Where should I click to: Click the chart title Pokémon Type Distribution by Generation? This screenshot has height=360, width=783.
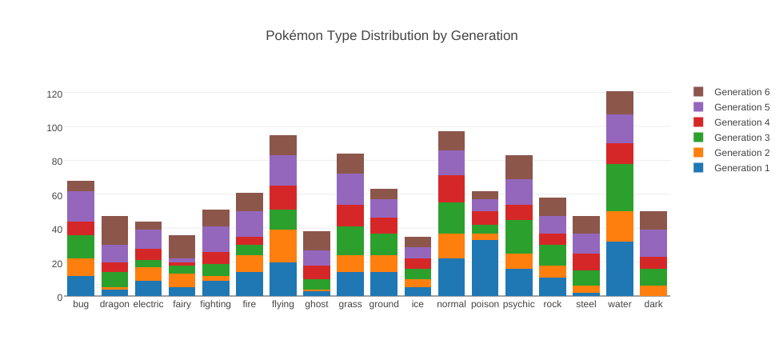click(x=391, y=36)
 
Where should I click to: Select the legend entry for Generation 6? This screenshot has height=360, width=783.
click(x=741, y=92)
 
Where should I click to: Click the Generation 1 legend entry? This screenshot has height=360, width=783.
click(x=741, y=168)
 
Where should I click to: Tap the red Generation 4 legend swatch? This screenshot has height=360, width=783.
click(x=698, y=122)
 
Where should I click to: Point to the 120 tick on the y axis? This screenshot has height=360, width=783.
click(x=54, y=94)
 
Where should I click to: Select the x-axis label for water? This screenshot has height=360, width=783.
click(x=619, y=305)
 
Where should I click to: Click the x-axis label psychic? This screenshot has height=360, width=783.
click(x=518, y=305)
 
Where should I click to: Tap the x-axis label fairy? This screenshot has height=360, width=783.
click(x=182, y=305)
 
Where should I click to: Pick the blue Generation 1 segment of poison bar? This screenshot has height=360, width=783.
click(x=485, y=268)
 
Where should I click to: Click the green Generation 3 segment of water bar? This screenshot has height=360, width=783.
click(x=619, y=188)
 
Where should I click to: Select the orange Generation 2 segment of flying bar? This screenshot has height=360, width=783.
click(x=283, y=246)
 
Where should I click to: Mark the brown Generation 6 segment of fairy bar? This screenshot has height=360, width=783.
click(x=182, y=246)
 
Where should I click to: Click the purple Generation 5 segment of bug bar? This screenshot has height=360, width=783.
click(x=81, y=206)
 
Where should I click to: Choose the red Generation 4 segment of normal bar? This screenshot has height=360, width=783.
click(x=451, y=189)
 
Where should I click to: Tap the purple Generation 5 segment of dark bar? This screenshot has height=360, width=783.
click(x=653, y=243)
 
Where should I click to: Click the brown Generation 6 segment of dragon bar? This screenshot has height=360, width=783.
click(x=114, y=230)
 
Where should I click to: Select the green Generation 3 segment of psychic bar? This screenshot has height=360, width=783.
click(x=518, y=237)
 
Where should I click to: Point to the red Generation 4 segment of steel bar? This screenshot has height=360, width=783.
click(x=585, y=262)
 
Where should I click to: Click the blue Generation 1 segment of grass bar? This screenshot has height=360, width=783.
click(x=350, y=284)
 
